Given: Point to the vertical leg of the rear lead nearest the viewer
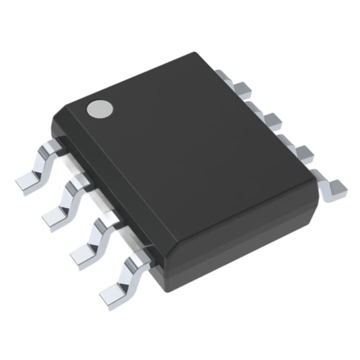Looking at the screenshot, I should coord(322,181).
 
